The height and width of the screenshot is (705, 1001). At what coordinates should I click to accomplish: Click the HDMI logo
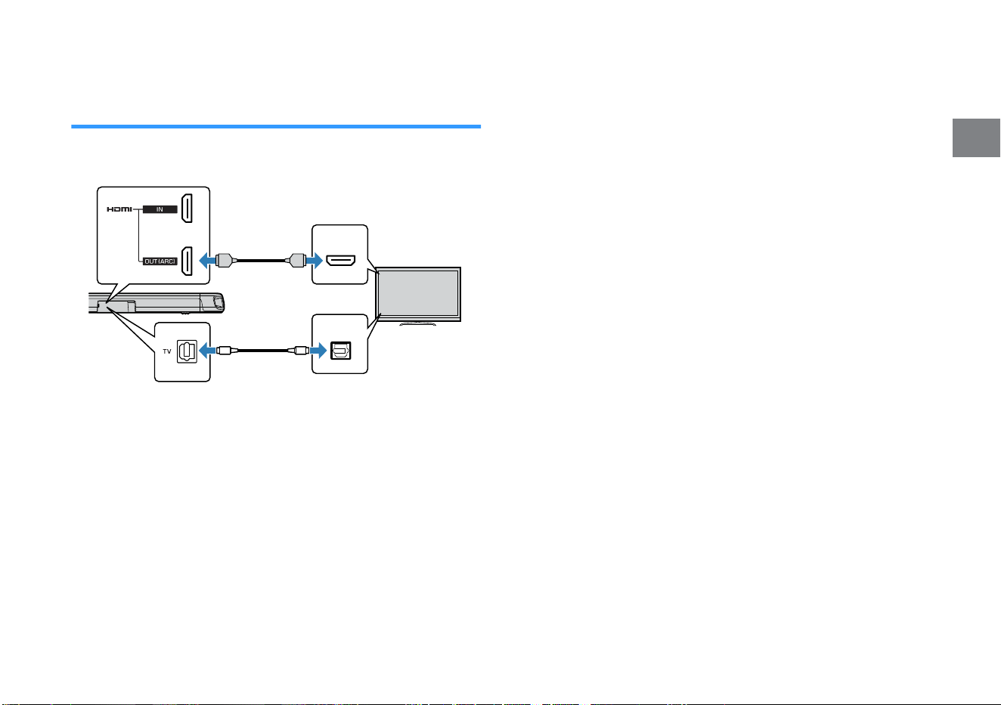click(119, 209)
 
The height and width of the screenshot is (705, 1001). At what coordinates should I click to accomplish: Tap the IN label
click(160, 209)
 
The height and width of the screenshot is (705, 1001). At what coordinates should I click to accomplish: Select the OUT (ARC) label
click(160, 261)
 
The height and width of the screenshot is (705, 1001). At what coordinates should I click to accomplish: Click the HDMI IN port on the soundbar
click(187, 209)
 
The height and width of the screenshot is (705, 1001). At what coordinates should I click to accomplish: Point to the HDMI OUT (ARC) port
click(187, 261)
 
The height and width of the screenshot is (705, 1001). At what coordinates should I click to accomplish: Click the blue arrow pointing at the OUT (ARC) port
click(207, 261)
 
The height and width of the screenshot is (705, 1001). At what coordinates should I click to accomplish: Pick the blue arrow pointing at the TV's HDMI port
click(315, 261)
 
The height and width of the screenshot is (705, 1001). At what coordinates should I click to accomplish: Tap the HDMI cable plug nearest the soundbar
click(224, 261)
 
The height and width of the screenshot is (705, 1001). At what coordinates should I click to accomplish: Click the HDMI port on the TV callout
click(340, 261)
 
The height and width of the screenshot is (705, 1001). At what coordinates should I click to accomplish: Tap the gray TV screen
click(418, 293)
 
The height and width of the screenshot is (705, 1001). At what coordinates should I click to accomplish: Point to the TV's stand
click(418, 323)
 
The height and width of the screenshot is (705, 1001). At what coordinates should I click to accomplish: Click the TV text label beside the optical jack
click(167, 351)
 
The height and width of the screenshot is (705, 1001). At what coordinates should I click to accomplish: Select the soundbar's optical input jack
click(187, 351)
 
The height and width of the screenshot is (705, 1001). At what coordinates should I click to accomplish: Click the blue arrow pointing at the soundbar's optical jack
click(207, 351)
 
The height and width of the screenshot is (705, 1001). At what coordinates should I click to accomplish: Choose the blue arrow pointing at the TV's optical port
click(318, 351)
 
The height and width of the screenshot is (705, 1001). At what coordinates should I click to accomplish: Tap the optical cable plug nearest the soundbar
click(224, 351)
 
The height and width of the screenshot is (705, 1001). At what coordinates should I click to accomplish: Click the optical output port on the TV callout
click(340, 351)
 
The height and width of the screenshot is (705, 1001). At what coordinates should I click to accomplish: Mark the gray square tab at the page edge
click(976, 138)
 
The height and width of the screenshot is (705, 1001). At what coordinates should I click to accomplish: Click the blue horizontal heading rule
click(276, 127)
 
